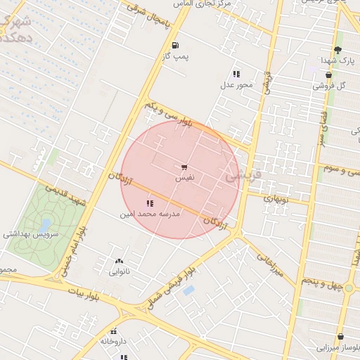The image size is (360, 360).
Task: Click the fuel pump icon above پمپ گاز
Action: [174, 44]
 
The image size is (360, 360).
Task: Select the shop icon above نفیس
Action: [184, 167]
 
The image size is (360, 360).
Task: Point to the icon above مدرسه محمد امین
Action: [149, 203]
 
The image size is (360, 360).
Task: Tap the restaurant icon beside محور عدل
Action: [236, 74]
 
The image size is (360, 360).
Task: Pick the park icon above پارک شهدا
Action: [337, 50]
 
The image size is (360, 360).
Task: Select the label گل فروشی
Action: [332, 86]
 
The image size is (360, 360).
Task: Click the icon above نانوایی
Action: [118, 260]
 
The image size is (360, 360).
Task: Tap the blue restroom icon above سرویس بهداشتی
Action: [46, 224]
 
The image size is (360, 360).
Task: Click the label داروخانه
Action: [113, 341]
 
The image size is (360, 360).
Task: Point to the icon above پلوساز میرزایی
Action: [341, 337]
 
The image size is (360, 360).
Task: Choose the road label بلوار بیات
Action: [85, 290]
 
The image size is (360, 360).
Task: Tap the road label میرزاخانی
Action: [271, 264]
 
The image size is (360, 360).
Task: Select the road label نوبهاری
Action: [276, 199]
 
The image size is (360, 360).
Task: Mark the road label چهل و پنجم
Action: [321, 281]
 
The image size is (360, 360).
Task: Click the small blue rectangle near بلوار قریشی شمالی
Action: [188, 290]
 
